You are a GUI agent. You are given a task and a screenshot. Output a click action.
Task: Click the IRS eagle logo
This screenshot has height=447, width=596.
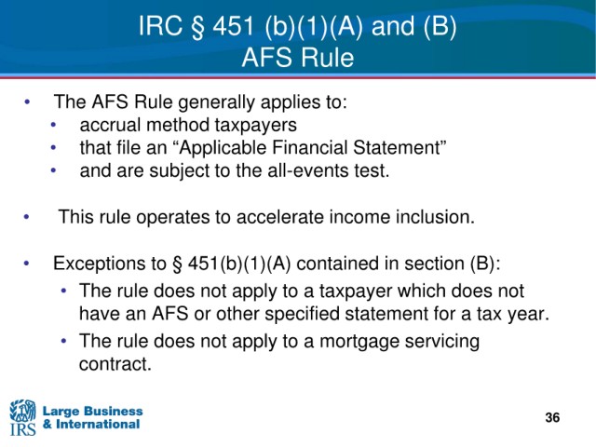point(22,417)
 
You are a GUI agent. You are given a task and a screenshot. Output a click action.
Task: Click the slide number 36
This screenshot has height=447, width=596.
point(552,417)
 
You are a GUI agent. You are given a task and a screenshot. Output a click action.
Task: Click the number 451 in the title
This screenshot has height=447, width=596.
point(233,26)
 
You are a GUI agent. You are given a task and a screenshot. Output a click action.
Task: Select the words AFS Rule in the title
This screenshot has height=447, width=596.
point(298,58)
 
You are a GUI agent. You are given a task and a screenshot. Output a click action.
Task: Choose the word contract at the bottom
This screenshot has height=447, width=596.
point(115,364)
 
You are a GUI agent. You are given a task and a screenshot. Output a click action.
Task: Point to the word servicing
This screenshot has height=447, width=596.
point(441,342)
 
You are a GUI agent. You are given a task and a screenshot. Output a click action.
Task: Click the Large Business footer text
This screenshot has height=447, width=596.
point(92,411)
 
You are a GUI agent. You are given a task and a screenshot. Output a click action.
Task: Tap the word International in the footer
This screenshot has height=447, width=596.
point(98,425)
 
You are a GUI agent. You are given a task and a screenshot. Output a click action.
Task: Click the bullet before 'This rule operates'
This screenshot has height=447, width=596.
point(26,217)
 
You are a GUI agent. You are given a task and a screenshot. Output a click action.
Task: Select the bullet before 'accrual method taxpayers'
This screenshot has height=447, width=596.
point(53,125)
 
